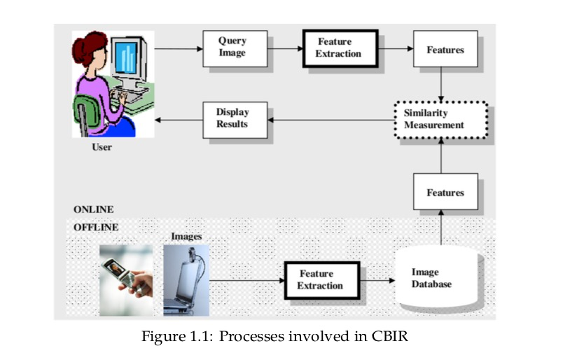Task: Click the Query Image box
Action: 235,48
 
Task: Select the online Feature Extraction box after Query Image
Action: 339,48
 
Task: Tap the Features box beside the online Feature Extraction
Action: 445,49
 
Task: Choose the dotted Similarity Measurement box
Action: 439,119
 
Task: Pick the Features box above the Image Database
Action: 445,192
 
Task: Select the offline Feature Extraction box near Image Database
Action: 320,279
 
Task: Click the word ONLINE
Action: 93,209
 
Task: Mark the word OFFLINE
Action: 96,227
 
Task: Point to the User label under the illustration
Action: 102,148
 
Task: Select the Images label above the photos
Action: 186,237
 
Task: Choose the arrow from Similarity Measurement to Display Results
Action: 329,120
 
